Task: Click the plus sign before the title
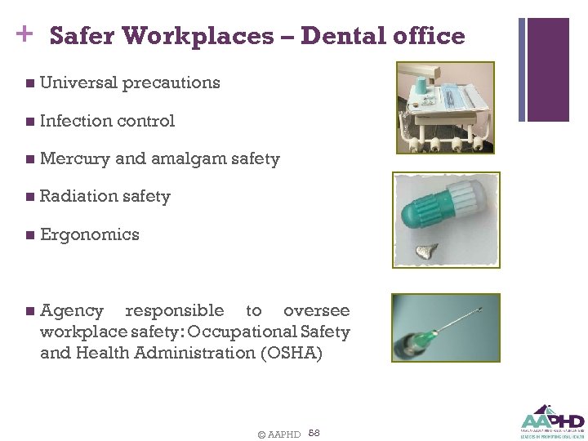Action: click(23, 33)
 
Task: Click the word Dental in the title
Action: click(339, 36)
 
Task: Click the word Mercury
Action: click(74, 159)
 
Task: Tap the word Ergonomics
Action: click(89, 235)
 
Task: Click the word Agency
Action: click(72, 310)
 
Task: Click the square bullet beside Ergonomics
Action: click(30, 235)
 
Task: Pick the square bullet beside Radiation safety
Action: click(30, 197)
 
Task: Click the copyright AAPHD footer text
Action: click(278, 434)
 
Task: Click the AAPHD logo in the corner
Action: click(552, 421)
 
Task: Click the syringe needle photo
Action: click(445, 327)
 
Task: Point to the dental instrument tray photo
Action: click(445, 106)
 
